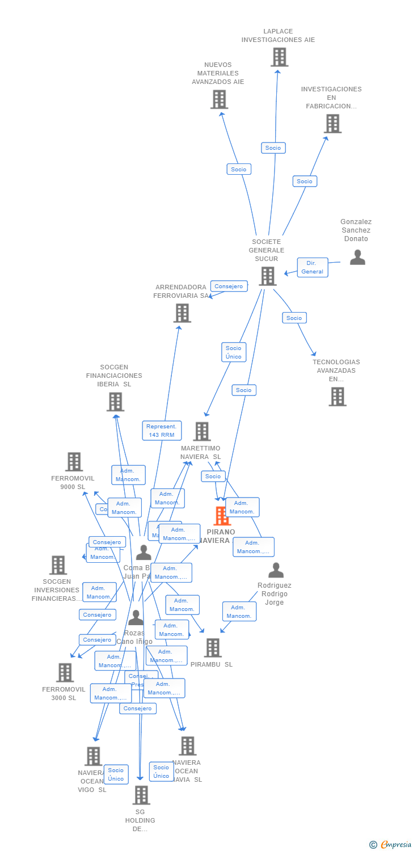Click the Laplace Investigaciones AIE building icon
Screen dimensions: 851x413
[x=279, y=57]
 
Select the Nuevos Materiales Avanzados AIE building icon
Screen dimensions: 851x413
[x=219, y=99]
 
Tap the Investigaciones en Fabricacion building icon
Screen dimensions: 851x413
[x=332, y=124]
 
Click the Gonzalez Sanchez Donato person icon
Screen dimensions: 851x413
[x=357, y=258]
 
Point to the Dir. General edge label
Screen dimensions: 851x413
[x=312, y=267]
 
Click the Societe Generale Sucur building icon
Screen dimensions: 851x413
[x=267, y=276]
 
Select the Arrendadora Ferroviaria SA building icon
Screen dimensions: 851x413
[x=182, y=313]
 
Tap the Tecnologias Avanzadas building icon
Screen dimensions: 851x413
[x=337, y=397]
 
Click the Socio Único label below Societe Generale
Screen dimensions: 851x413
[x=233, y=352]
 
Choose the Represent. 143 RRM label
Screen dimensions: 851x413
[x=162, y=431]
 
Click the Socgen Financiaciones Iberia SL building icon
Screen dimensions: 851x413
[x=115, y=402]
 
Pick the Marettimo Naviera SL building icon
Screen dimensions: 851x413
[x=201, y=432]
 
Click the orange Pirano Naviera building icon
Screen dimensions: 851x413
[x=221, y=516]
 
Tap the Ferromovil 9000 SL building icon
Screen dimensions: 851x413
[x=74, y=462]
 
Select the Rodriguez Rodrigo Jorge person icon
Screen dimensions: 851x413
[x=276, y=570]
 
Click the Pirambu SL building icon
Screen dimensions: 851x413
[x=213, y=648]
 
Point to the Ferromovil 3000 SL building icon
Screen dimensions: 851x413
[x=65, y=673]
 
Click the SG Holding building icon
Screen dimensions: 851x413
[x=141, y=795]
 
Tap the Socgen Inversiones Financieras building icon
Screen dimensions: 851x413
[x=58, y=565]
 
